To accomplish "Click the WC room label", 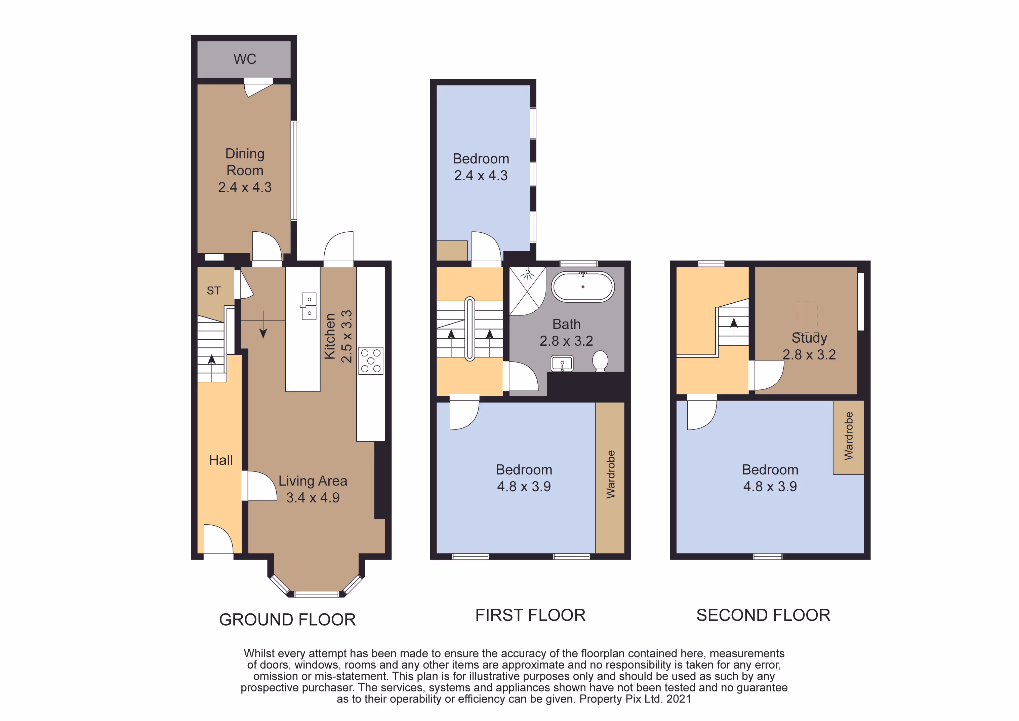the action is (x=245, y=59).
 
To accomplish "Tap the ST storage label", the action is (x=213, y=291).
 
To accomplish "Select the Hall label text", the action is (x=221, y=460).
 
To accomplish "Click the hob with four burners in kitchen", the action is (x=371, y=360).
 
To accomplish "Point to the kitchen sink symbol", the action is (x=309, y=306).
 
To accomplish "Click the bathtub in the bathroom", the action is (x=583, y=287).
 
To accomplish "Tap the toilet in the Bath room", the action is (x=600, y=361).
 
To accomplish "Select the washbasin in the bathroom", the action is (x=562, y=363).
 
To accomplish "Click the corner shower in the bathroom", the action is (x=527, y=291).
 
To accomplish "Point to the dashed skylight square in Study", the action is (x=807, y=317).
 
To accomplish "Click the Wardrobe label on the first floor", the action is (x=611, y=474).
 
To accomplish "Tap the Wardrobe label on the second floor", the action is (x=849, y=436).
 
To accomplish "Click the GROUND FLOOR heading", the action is (x=288, y=619).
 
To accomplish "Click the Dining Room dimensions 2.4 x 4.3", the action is (x=245, y=187).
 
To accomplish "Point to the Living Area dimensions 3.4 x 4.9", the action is (x=313, y=498).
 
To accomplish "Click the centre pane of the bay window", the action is (x=317, y=594).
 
